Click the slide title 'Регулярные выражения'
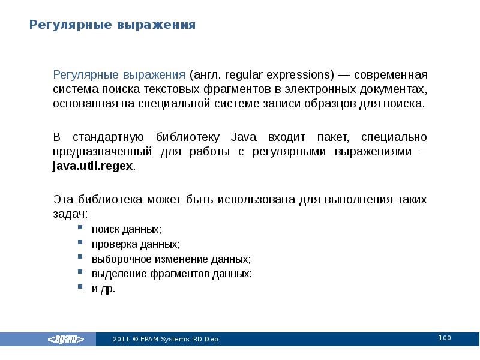113,25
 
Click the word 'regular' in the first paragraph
247,76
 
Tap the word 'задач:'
71,214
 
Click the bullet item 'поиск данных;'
127,230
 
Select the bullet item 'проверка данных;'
136,245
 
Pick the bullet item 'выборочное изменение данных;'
171,259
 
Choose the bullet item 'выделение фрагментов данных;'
172,274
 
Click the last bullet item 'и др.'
103,289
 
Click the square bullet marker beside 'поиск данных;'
80,229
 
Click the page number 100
445,338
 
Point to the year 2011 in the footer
121,340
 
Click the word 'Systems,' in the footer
177,340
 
